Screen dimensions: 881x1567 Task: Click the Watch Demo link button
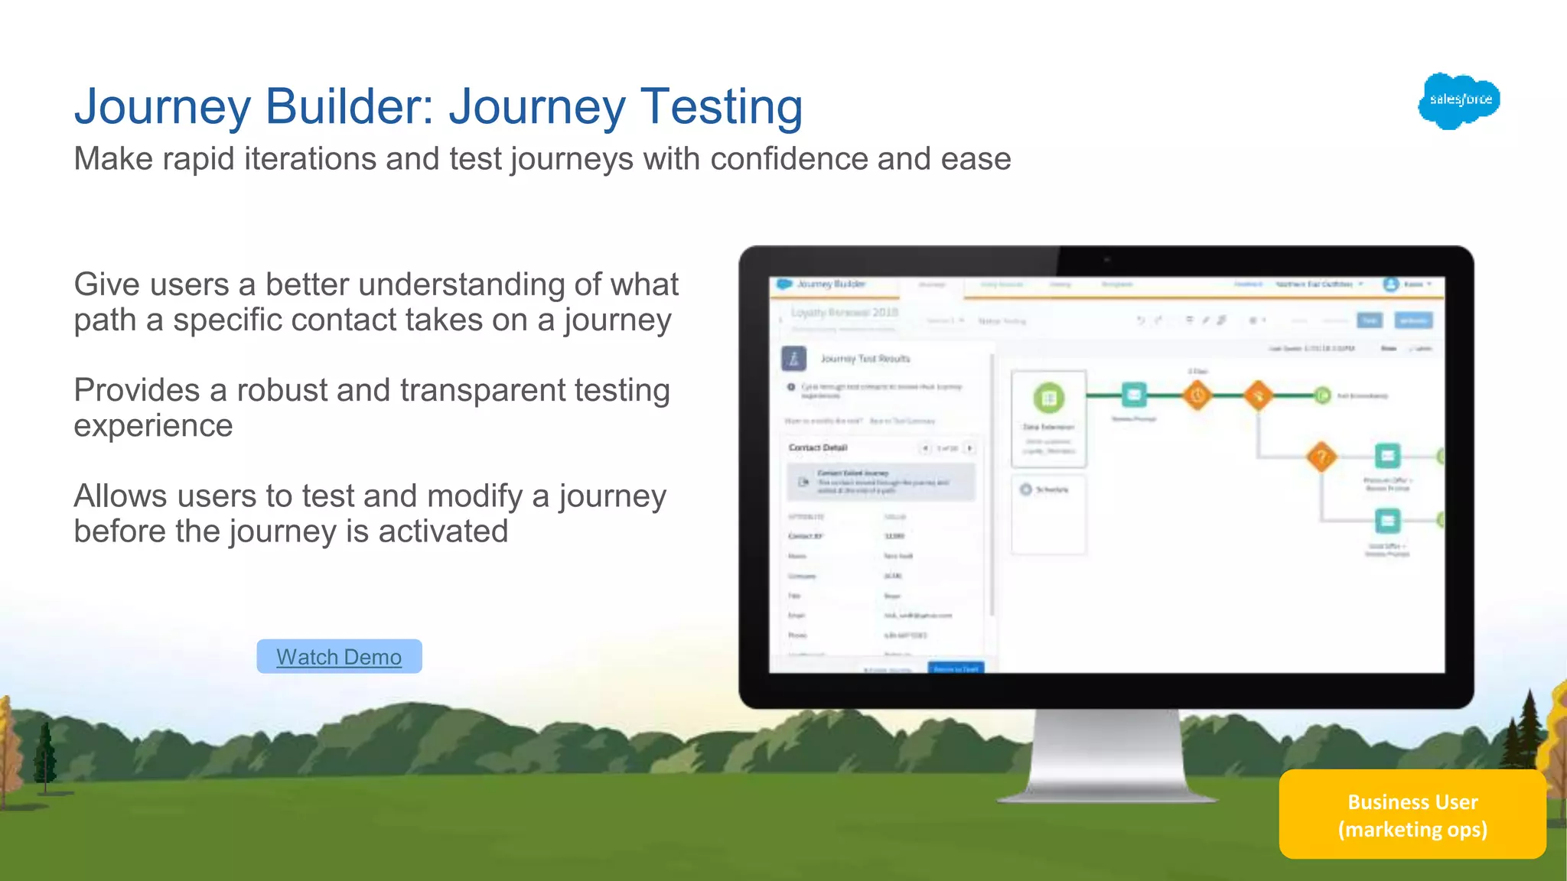(x=339, y=657)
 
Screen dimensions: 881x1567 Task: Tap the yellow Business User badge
(x=1412, y=815)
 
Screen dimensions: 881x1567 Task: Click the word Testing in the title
(x=722, y=106)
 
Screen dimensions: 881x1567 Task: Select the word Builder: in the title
(x=350, y=106)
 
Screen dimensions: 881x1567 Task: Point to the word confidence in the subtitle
(x=789, y=159)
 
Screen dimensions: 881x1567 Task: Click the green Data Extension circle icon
(x=1049, y=398)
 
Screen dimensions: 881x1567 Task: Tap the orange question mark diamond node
(x=1321, y=457)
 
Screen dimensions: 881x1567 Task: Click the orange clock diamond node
(x=1197, y=395)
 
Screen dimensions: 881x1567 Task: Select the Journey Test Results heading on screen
(x=865, y=359)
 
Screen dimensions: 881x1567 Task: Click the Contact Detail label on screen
(x=818, y=447)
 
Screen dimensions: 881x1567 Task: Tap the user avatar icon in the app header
(x=1390, y=284)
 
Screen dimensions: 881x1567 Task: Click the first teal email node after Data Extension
(x=1134, y=395)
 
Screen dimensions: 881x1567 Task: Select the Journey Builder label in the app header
(x=830, y=284)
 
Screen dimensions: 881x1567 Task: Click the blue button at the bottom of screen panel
(x=956, y=668)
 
